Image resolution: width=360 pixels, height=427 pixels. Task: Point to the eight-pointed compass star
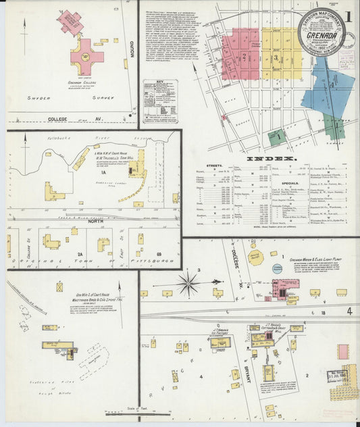[x=188, y=283]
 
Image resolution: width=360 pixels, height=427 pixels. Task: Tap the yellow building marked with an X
[x=59, y=286]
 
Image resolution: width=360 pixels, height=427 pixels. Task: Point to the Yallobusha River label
[x=63, y=137]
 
